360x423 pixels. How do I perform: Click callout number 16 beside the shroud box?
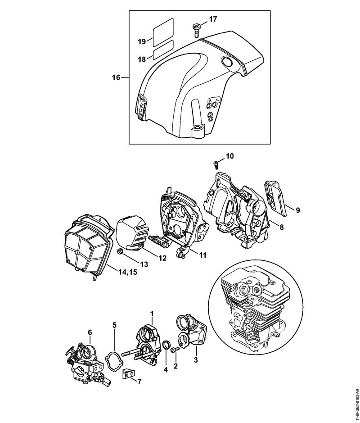[x=116, y=77]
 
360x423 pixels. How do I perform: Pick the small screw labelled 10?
[x=216, y=164]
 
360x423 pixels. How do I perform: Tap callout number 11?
[x=202, y=255]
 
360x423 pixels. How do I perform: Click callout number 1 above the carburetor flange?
[x=152, y=313]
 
